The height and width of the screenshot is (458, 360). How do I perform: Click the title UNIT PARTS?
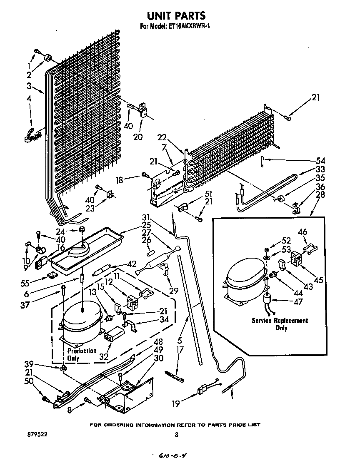click(176, 15)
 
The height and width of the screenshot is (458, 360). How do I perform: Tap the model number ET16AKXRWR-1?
click(188, 27)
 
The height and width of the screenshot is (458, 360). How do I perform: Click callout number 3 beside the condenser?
click(29, 86)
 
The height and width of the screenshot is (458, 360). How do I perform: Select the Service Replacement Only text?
click(280, 324)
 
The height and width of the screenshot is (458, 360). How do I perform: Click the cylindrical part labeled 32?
click(115, 335)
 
